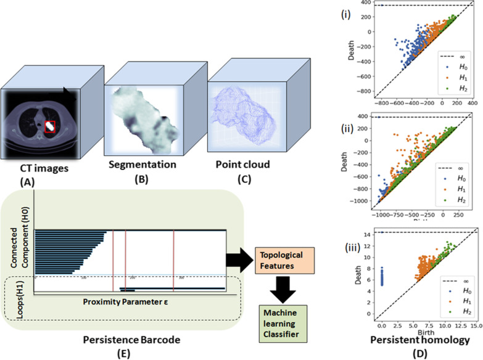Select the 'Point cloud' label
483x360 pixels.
234,165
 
